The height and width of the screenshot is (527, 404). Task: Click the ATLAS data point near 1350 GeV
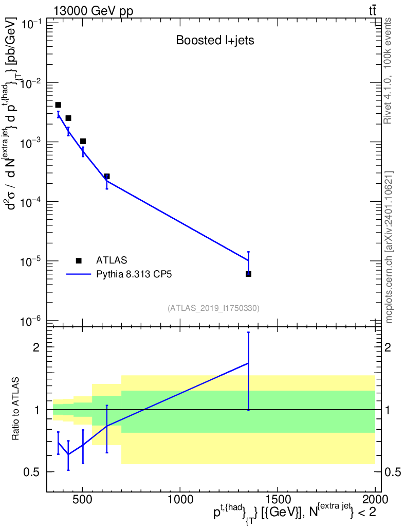[248, 274]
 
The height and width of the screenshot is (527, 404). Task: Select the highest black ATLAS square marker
[58, 105]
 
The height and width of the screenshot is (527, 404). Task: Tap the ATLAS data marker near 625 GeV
[107, 177]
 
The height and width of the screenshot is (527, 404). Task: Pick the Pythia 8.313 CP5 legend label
[134, 274]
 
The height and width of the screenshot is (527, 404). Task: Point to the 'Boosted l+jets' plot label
[215, 41]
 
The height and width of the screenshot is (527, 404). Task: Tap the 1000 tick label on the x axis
[180, 499]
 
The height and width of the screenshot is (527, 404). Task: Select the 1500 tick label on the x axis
[278, 499]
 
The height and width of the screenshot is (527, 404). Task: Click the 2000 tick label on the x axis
[375, 499]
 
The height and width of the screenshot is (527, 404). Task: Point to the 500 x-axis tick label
[82, 499]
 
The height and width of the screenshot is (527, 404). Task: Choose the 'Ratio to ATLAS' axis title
[15, 410]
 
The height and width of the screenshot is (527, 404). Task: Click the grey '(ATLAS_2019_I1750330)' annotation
[213, 308]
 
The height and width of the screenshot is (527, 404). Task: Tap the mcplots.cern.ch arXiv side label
[389, 247]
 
